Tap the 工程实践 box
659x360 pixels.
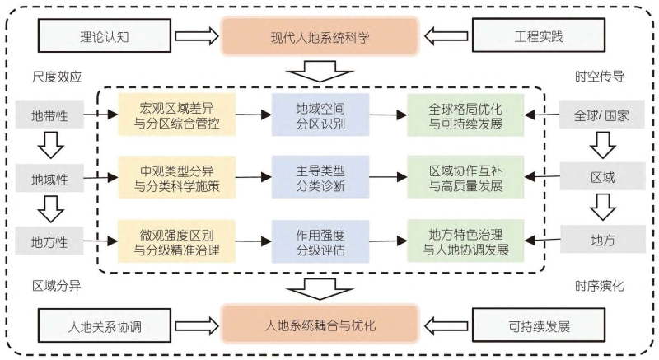tap(544, 37)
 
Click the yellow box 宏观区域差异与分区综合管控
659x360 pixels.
tap(177, 116)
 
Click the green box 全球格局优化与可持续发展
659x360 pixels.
tap(465, 116)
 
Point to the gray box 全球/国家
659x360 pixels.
tap(602, 116)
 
